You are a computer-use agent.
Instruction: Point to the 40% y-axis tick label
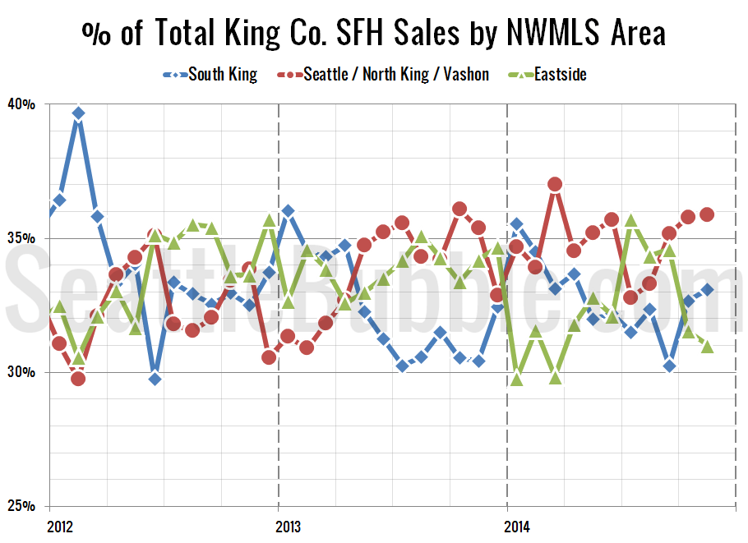21,104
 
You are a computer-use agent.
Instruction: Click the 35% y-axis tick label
21,238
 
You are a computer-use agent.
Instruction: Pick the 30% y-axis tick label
21,372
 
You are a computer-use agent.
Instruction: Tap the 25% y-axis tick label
21,506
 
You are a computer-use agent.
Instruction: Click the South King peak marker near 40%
78,113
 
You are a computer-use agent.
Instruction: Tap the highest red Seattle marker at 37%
555,184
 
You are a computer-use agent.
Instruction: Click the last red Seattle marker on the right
707,215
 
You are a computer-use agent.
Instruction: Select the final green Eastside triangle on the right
707,347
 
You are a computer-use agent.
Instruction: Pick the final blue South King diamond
707,289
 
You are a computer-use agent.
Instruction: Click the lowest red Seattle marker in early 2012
78,378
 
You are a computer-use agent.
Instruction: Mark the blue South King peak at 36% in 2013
288,211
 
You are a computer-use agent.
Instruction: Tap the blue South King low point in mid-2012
155,379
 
